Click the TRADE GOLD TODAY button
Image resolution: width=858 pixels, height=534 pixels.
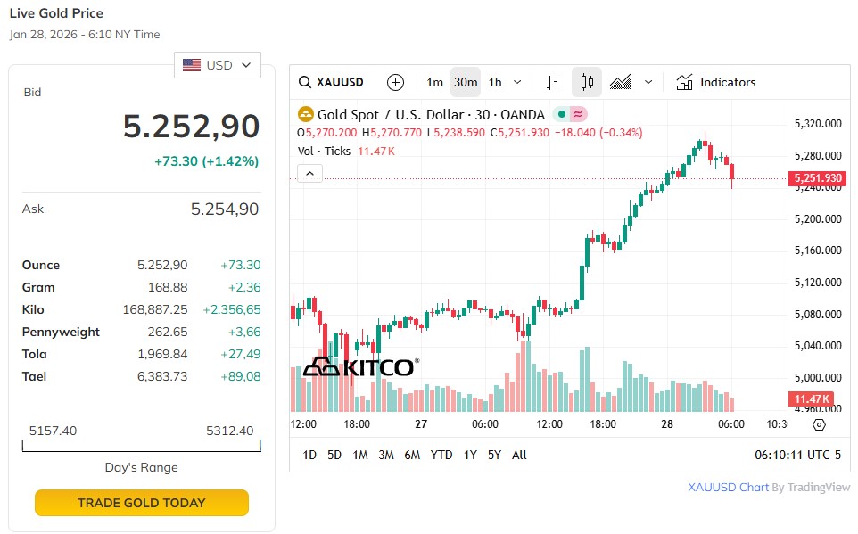pyautogui.click(x=141, y=503)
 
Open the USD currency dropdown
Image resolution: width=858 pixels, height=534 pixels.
pyautogui.click(x=218, y=65)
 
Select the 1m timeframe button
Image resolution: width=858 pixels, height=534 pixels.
pyautogui.click(x=434, y=82)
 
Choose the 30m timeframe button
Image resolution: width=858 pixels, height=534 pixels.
pyautogui.click(x=465, y=82)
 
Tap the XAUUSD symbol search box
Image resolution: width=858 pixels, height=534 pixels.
pyautogui.click(x=332, y=82)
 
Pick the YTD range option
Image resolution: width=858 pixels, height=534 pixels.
pyautogui.click(x=441, y=455)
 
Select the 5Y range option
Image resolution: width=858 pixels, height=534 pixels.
pyautogui.click(x=494, y=455)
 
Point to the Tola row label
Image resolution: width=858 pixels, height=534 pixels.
pyautogui.click(x=34, y=354)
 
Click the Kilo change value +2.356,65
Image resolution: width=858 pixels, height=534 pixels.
pyautogui.click(x=231, y=309)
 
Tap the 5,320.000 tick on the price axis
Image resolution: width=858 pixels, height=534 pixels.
pyautogui.click(x=818, y=124)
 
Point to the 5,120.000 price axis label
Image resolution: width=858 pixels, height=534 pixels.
pyautogui.click(x=818, y=283)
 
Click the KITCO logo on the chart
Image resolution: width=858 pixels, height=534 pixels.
pyautogui.click(x=359, y=366)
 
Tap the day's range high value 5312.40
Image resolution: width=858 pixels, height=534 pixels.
pyautogui.click(x=229, y=431)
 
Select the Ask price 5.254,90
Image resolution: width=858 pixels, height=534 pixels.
pyautogui.click(x=225, y=209)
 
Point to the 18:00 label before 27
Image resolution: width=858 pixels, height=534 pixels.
pyautogui.click(x=356, y=424)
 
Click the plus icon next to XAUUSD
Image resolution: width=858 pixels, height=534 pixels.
pyautogui.click(x=395, y=82)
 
